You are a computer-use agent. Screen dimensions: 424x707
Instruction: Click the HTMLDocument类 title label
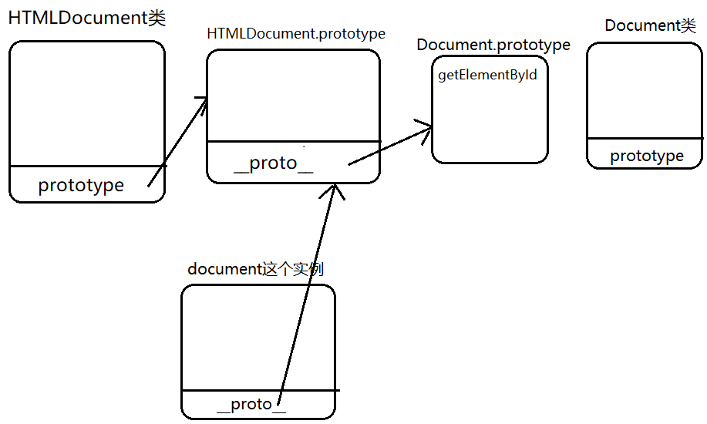pyautogui.click(x=86, y=19)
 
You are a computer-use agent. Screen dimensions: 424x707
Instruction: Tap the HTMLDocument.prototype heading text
pyautogui.click(x=296, y=34)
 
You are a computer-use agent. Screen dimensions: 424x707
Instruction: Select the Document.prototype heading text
pyautogui.click(x=493, y=45)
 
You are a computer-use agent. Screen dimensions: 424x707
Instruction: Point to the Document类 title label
pyautogui.click(x=650, y=25)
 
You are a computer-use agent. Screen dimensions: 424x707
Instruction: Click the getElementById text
pyautogui.click(x=487, y=75)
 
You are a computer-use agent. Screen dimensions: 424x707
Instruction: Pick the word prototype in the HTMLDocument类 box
pyautogui.click(x=81, y=185)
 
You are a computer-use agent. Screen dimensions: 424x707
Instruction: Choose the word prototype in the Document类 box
pyautogui.click(x=647, y=156)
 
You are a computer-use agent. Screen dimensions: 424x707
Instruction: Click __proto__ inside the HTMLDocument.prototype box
pyautogui.click(x=274, y=163)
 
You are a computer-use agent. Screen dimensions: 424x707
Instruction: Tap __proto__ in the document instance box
pyautogui.click(x=251, y=404)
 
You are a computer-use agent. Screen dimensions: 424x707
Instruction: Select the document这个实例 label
pyautogui.click(x=255, y=269)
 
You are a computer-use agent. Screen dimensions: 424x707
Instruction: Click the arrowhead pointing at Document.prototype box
pyautogui.click(x=426, y=127)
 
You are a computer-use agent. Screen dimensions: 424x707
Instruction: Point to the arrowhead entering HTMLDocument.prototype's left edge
pyautogui.click(x=202, y=103)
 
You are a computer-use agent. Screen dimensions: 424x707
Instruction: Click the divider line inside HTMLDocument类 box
pyautogui.click(x=87, y=166)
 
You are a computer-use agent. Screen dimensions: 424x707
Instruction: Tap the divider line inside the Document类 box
pyautogui.click(x=645, y=139)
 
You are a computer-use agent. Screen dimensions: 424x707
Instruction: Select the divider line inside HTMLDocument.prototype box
pyautogui.click(x=293, y=141)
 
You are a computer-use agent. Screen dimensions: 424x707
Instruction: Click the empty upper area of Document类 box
pyautogui.click(x=645, y=89)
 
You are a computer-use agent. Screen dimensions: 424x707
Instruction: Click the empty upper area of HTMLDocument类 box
pyautogui.click(x=87, y=100)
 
